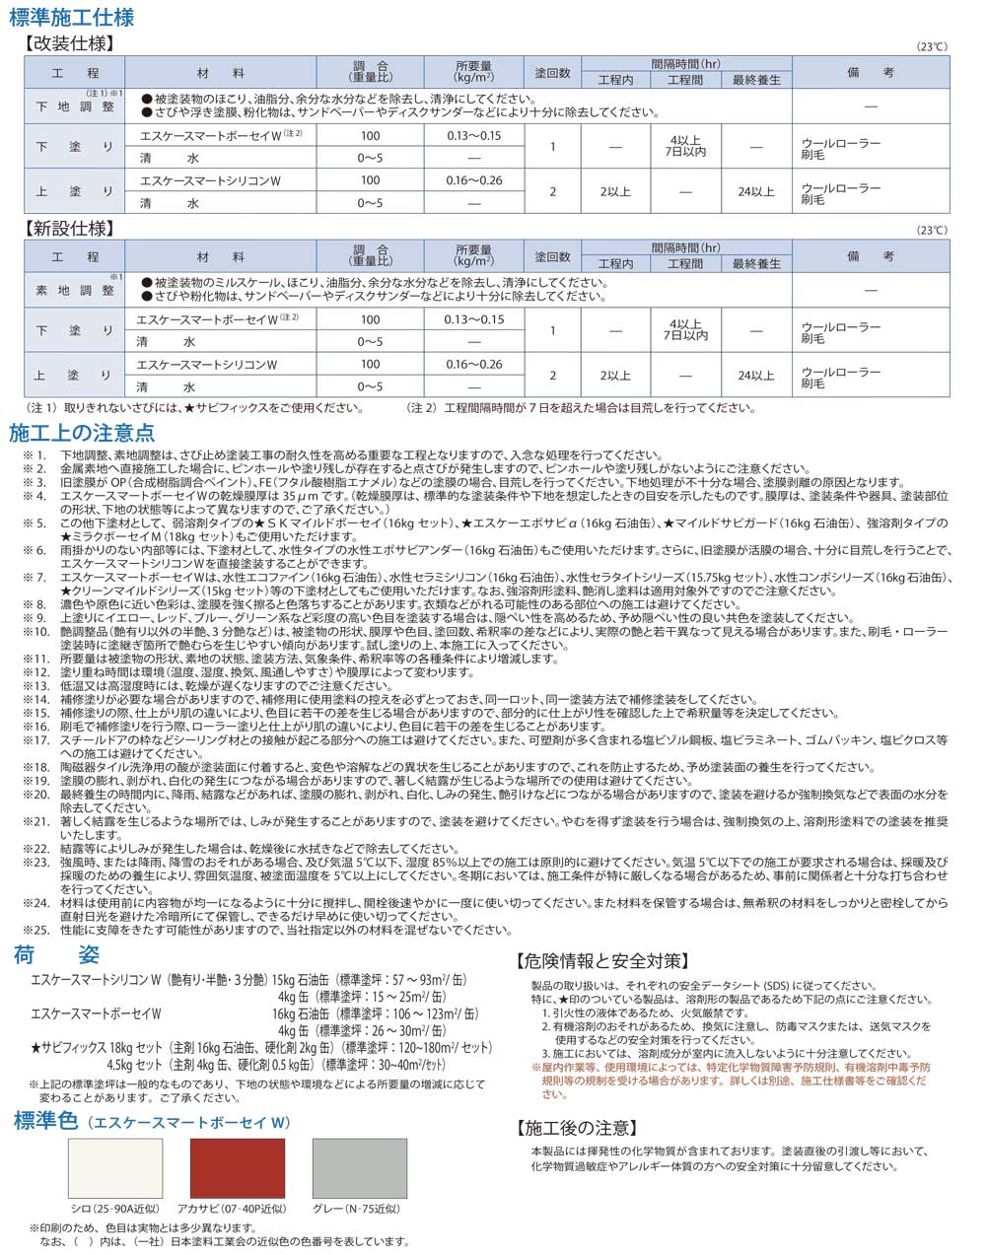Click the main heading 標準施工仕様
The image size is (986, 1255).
[71, 18]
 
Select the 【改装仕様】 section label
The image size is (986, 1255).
[69, 43]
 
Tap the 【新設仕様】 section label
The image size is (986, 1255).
[69, 229]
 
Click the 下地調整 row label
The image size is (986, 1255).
[75, 106]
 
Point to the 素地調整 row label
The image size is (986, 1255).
[75, 291]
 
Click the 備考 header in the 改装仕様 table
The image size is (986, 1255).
[871, 73]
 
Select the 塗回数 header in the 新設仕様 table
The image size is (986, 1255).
[552, 257]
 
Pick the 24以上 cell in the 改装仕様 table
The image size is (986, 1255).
[755, 191]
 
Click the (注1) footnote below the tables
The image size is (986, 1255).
[187, 407]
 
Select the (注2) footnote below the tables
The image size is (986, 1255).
[567, 407]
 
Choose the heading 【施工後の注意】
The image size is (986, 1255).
[577, 1129]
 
